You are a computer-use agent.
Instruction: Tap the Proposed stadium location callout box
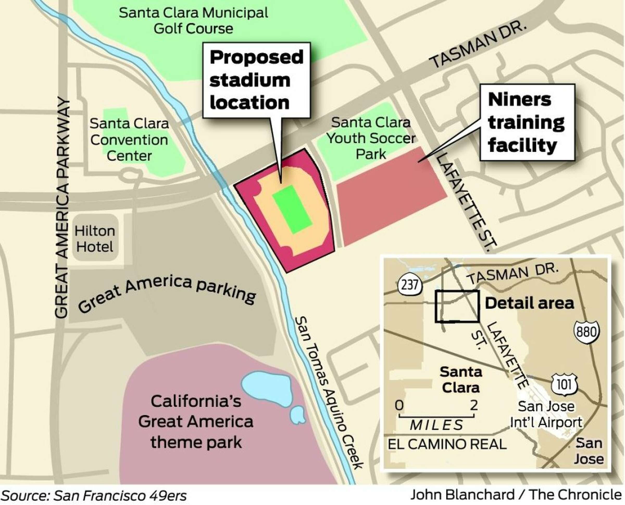tap(256, 80)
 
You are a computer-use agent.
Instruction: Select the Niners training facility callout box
tap(527, 122)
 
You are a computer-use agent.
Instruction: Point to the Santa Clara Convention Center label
tap(129, 140)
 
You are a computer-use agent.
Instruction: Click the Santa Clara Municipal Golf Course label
tap(193, 21)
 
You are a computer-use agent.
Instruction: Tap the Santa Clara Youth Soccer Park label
tap(371, 138)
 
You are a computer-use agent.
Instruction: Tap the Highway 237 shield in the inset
tap(409, 285)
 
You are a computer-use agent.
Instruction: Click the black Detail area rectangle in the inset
tap(457, 306)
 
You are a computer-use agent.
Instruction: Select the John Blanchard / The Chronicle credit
tap(516, 495)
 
